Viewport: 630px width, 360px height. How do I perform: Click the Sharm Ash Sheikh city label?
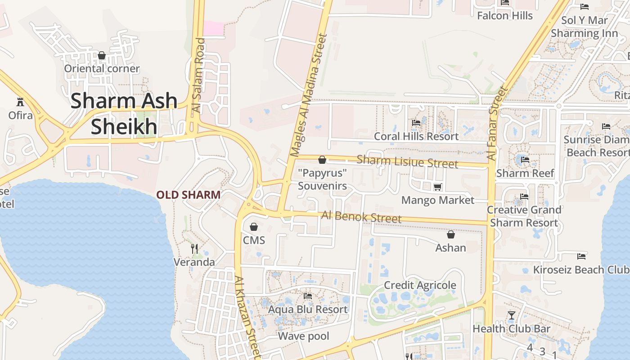pyautogui.click(x=124, y=114)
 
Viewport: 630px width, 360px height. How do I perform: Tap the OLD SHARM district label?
pyautogui.click(x=188, y=195)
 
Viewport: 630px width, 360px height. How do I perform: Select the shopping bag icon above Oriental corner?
pyautogui.click(x=102, y=55)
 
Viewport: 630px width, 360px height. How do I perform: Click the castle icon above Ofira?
pyautogui.click(x=20, y=101)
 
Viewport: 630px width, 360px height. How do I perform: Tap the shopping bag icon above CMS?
pyautogui.click(x=254, y=227)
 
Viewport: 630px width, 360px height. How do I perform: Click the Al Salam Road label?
pyautogui.click(x=198, y=75)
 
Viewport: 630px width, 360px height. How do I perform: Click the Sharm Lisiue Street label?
pyautogui.click(x=407, y=161)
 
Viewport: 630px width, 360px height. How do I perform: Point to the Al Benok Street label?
pyautogui.click(x=361, y=217)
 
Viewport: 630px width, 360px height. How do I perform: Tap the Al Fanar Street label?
pyautogui.click(x=497, y=124)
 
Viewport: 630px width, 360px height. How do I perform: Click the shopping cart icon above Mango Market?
pyautogui.click(x=437, y=187)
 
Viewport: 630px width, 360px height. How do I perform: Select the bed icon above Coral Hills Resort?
pyautogui.click(x=416, y=123)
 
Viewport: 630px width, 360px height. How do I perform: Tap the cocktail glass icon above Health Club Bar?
pyautogui.click(x=511, y=315)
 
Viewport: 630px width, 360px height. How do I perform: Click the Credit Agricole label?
pyautogui.click(x=420, y=285)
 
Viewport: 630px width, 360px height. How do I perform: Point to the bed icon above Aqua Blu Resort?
pyautogui.click(x=308, y=296)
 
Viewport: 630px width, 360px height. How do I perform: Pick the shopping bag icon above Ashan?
pyautogui.click(x=450, y=234)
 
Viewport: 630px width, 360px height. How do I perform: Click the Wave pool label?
pyautogui.click(x=303, y=336)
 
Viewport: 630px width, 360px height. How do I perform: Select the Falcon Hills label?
pyautogui.click(x=504, y=16)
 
